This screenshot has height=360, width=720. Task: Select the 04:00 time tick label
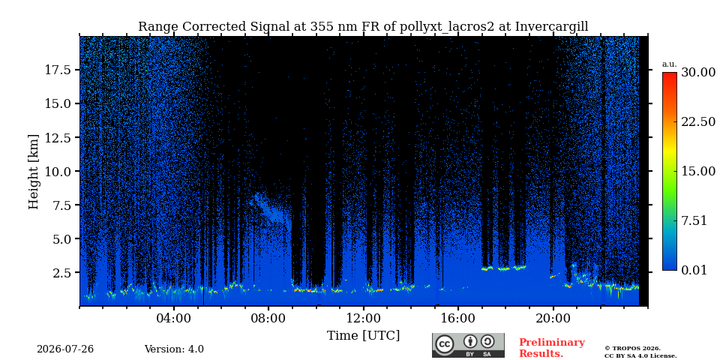(174, 318)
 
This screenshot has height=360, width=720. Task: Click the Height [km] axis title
(34, 172)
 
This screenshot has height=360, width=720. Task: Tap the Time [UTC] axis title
(363, 336)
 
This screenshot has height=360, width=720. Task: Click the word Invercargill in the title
(551, 27)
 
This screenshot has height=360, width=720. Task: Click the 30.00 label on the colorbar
(698, 73)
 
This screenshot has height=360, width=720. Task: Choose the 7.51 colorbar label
(694, 220)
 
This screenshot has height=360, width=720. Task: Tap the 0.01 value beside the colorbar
(694, 270)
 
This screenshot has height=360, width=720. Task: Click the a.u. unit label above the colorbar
(670, 64)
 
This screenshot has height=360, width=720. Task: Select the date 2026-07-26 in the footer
(65, 349)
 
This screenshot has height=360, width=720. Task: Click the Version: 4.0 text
(174, 349)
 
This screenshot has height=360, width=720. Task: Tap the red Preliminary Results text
(552, 348)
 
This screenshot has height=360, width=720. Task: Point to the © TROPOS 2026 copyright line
(632, 349)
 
